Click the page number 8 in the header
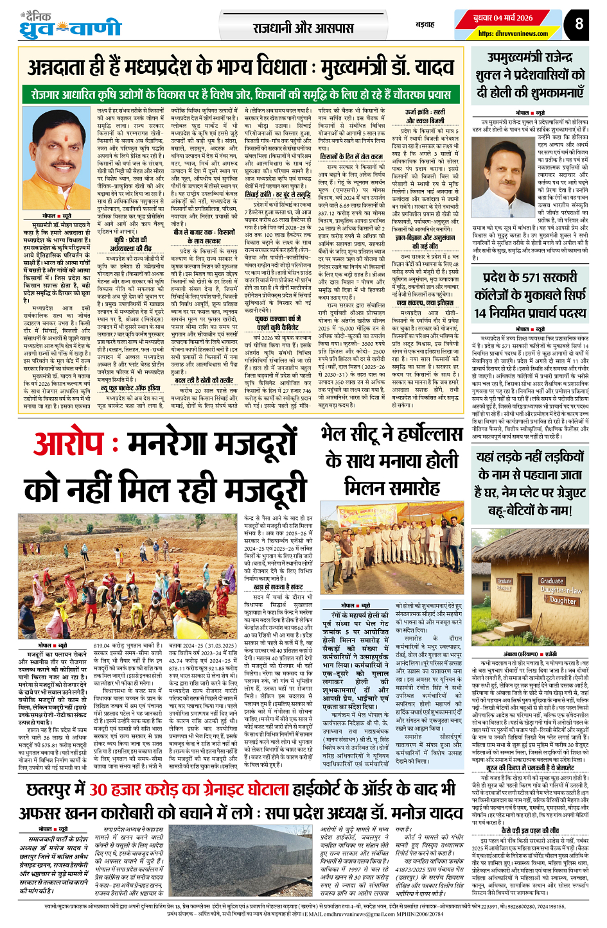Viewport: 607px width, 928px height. [579, 24]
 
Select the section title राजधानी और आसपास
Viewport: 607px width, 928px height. [303, 28]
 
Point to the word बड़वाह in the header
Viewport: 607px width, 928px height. [425, 24]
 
